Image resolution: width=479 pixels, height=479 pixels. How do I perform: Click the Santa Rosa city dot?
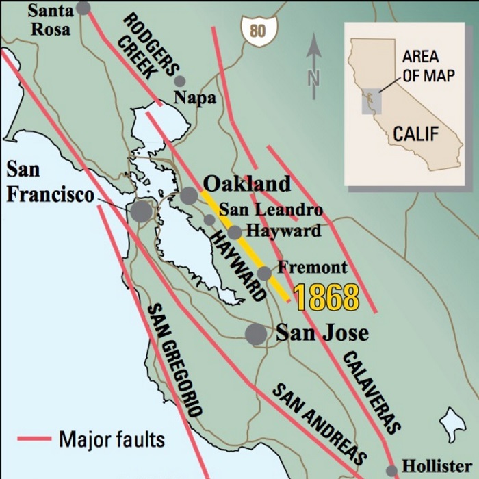pyautogui.click(x=83, y=8)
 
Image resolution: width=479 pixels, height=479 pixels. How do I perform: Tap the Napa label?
pyautogui.click(x=194, y=97)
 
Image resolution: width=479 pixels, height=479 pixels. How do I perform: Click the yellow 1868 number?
pyautogui.click(x=326, y=298)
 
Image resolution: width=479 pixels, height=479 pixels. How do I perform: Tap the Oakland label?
pyautogui.click(x=247, y=183)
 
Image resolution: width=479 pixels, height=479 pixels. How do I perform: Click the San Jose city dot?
pyautogui.click(x=256, y=334)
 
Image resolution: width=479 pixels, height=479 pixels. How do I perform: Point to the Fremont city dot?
pyautogui.click(x=264, y=274)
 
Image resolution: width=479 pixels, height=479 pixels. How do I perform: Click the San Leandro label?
pyautogui.click(x=270, y=209)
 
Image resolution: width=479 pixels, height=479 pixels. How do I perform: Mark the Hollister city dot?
pyautogui.click(x=391, y=471)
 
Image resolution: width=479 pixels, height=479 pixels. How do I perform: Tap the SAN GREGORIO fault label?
pyautogui.click(x=174, y=360)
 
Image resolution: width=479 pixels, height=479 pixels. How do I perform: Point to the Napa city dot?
pyautogui.click(x=180, y=81)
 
